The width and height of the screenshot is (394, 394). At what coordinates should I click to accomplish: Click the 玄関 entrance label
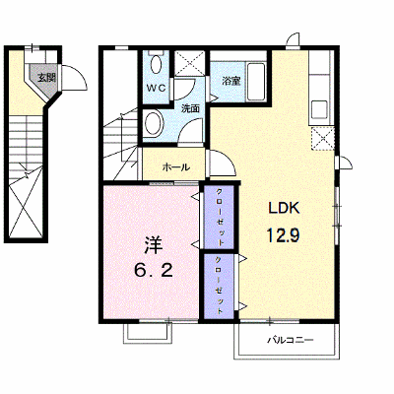[45, 78]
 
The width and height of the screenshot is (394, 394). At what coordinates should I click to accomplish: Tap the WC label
[157, 88]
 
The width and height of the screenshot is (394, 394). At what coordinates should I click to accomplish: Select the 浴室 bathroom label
[230, 81]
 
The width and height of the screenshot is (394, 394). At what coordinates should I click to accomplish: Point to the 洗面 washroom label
[191, 108]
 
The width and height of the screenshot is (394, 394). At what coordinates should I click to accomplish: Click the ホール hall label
[176, 167]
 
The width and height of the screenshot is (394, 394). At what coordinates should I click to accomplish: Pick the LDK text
[284, 208]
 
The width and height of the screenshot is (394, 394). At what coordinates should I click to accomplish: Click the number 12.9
[283, 235]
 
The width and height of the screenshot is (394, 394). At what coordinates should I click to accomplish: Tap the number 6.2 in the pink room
[154, 271]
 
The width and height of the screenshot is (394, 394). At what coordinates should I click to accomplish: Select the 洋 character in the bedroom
[154, 246]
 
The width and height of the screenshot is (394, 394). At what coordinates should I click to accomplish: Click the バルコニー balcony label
[290, 340]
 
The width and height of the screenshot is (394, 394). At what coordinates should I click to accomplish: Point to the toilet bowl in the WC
[156, 63]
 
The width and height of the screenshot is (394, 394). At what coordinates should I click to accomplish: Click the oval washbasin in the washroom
[154, 123]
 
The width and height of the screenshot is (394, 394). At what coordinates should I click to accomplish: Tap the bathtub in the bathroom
[256, 82]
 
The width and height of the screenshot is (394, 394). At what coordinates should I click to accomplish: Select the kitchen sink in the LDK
[319, 109]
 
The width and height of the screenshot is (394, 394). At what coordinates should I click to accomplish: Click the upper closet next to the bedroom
[219, 217]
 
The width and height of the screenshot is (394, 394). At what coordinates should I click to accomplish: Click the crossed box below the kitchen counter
[322, 138]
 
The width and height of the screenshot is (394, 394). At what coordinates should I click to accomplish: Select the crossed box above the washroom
[190, 63]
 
